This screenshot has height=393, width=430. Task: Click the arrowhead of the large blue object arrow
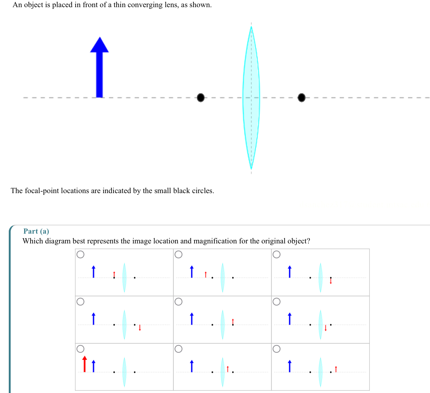(x=99, y=45)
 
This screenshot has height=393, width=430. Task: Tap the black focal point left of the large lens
(x=201, y=97)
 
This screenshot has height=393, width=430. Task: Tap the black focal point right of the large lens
(x=302, y=97)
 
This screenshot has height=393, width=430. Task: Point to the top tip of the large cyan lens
(x=251, y=27)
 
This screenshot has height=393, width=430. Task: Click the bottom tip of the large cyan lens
(x=251, y=168)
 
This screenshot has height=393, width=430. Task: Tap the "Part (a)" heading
(x=36, y=231)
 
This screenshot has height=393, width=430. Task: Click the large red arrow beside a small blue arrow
(x=85, y=364)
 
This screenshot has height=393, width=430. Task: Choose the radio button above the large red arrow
(x=80, y=349)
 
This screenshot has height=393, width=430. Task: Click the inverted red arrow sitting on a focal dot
(x=331, y=280)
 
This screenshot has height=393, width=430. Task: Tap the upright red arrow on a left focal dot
(x=114, y=275)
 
